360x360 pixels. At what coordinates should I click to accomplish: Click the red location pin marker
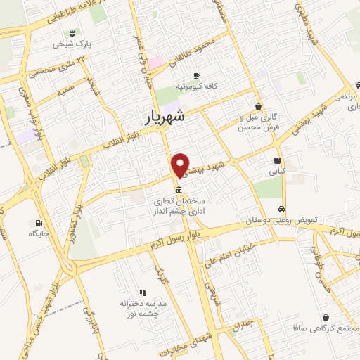click(181, 165)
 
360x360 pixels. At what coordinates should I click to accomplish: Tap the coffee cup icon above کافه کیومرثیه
click(195, 75)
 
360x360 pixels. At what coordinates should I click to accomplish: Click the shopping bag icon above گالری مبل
click(259, 106)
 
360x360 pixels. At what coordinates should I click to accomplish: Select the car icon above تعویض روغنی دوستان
click(282, 209)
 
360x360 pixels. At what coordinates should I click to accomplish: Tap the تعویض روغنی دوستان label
click(281, 221)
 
